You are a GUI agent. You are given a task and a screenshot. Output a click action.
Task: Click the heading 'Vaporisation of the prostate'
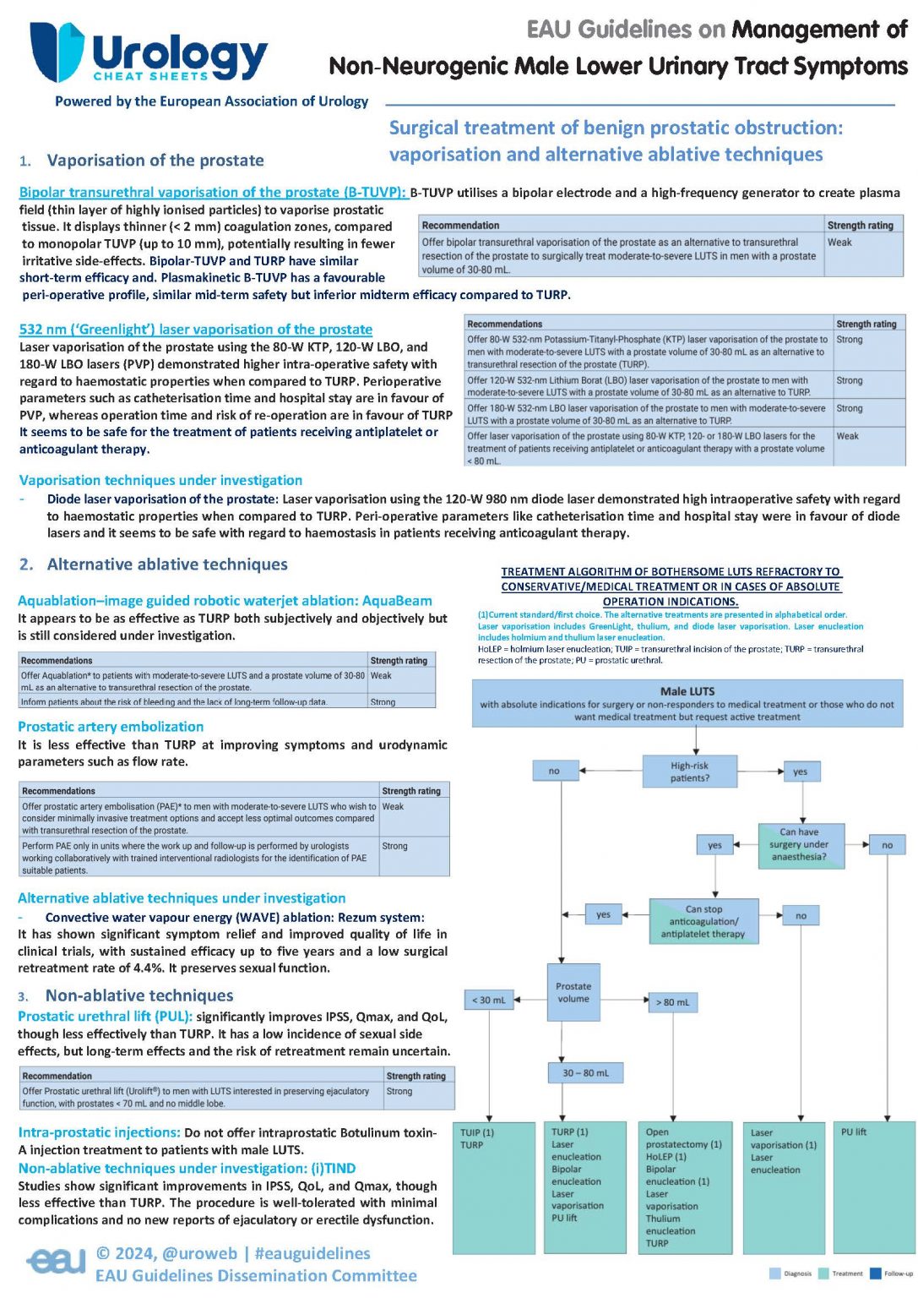155,161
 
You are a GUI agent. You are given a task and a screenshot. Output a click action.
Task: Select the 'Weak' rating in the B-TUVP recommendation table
839,243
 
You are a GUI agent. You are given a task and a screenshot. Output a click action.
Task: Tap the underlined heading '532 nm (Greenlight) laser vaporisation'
196,330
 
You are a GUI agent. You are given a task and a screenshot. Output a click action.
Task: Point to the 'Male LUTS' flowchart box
687,703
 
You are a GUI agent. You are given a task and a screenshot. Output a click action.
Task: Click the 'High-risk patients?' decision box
689,772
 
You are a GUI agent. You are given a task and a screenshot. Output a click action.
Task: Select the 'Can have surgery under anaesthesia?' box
798,844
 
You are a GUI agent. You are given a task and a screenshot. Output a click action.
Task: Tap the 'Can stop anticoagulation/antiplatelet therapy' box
703,921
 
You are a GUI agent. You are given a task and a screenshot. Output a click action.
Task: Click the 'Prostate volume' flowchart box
573,992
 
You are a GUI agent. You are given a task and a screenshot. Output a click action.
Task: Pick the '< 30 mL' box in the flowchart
489,1001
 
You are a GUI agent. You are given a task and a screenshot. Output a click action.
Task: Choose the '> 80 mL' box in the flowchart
672,1002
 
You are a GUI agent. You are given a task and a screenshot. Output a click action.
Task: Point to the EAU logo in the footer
56,1262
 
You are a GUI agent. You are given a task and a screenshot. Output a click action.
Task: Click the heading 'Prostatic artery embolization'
111,727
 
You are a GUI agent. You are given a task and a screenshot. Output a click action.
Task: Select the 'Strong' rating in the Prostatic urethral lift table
399,1091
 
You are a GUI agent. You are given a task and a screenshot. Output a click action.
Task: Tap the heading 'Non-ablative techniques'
139,995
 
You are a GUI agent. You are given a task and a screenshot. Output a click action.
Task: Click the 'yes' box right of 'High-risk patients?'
800,772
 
